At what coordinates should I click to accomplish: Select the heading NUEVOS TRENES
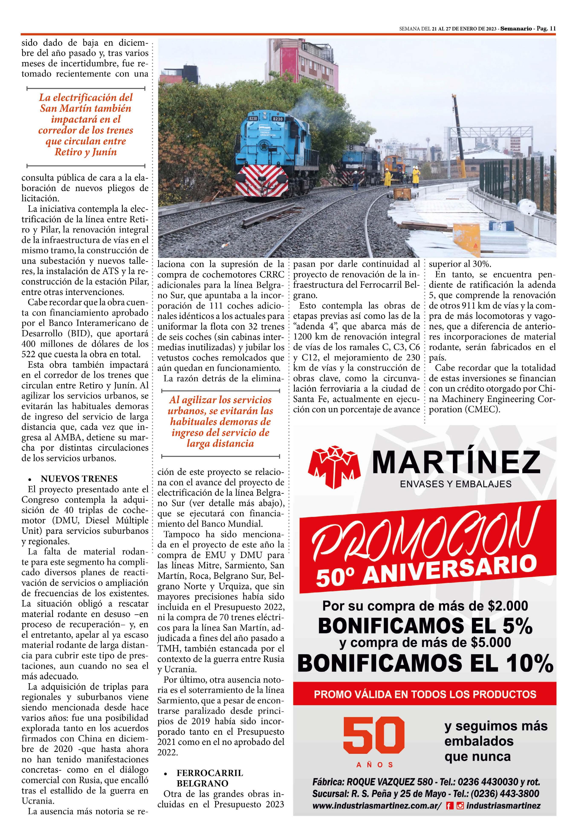click(x=79, y=479)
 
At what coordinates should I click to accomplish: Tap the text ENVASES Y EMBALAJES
click(x=456, y=484)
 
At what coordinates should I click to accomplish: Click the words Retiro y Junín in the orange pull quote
click(x=86, y=152)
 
